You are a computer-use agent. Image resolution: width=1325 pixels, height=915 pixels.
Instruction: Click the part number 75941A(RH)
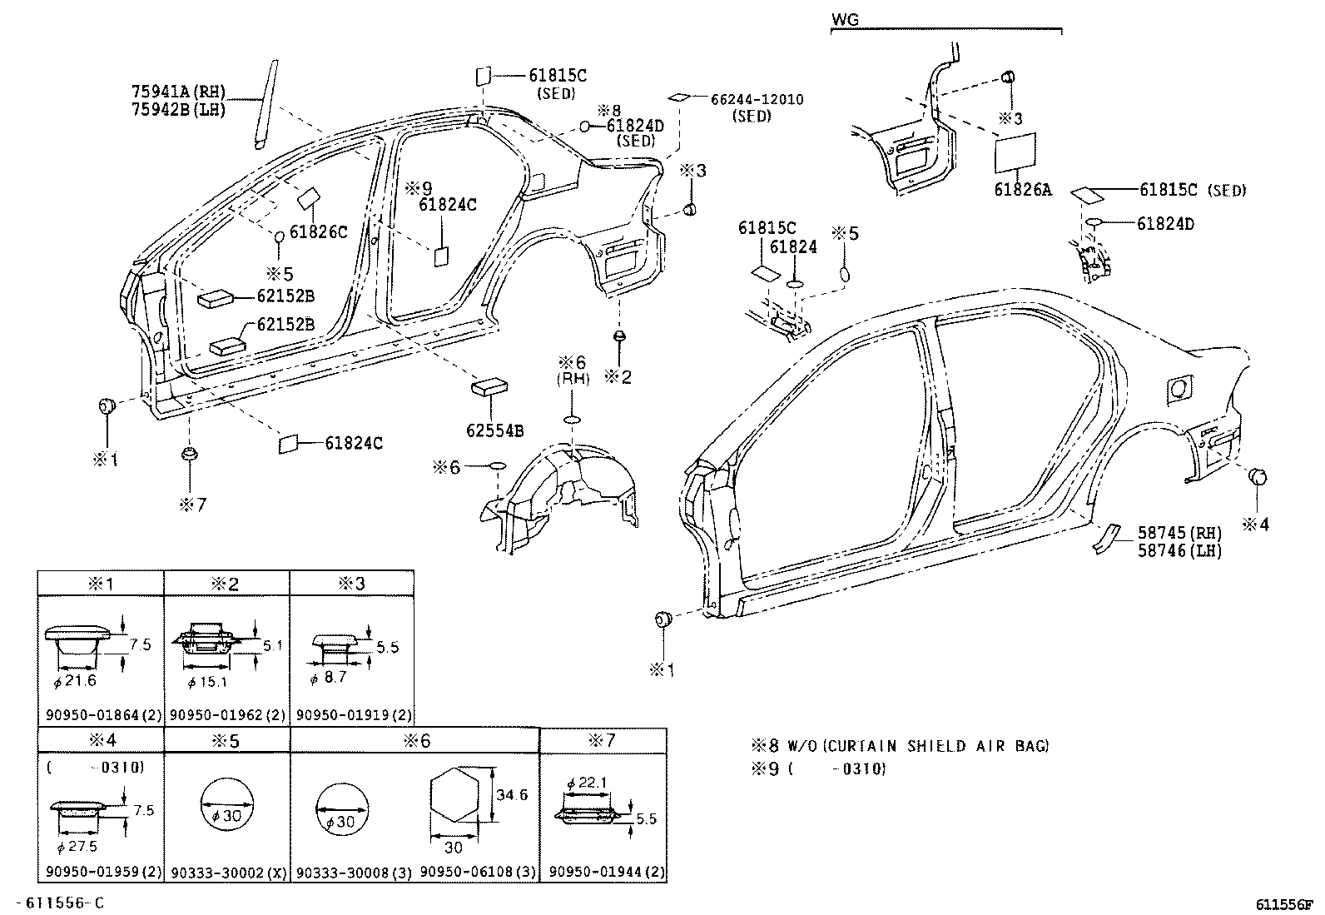pos(178,92)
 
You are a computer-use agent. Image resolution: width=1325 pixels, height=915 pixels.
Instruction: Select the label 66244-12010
pos(756,100)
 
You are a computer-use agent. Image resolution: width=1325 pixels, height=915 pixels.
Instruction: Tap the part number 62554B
pos(494,430)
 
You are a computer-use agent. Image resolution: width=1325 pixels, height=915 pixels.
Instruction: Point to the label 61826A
pos(1022,190)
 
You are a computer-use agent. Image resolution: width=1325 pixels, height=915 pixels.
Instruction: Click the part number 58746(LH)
pos(1180,550)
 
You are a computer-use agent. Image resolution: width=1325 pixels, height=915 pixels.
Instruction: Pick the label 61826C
pos(319,232)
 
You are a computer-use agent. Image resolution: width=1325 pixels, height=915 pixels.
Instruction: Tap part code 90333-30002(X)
pos(227,872)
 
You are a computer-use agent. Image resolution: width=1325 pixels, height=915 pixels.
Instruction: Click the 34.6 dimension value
pos(512,795)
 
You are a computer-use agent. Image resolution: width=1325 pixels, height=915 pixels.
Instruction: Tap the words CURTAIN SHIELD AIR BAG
pos(937,746)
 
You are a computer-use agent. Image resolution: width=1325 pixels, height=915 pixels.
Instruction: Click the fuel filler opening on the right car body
pos(1176,388)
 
